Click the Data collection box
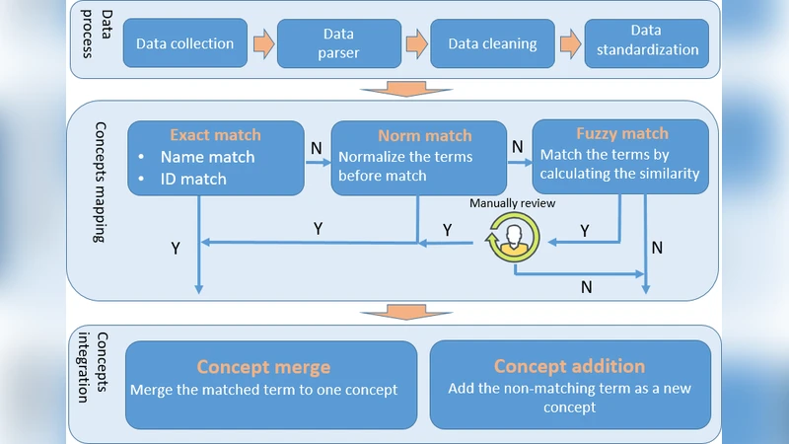point(184,43)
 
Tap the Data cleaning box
point(492,43)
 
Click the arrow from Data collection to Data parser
point(263,43)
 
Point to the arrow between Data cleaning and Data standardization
point(571,43)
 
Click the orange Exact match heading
point(216,135)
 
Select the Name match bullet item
point(207,157)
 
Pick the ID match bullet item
point(193,179)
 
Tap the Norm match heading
point(425,135)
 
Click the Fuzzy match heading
point(622,133)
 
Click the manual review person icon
point(510,239)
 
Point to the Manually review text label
point(513,203)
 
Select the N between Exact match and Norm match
point(316,146)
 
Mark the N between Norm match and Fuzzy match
point(517,146)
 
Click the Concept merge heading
point(263,367)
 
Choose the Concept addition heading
point(569,366)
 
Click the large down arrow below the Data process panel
point(394,90)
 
